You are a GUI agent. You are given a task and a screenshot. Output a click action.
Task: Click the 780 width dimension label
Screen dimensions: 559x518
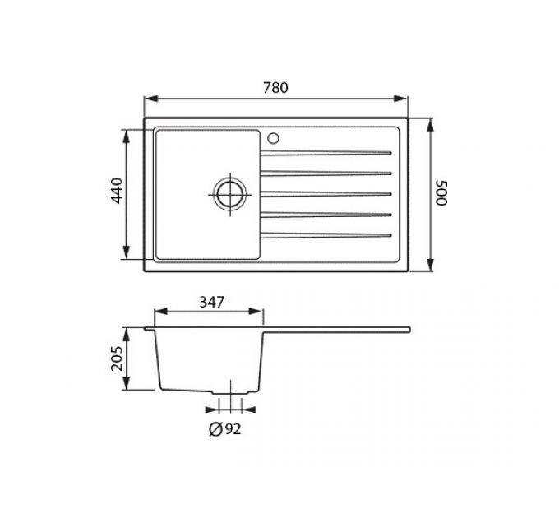pos(275,88)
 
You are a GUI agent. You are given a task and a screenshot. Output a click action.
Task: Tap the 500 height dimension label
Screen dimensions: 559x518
pos(441,193)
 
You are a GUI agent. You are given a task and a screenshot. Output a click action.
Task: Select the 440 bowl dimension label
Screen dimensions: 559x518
pos(118,190)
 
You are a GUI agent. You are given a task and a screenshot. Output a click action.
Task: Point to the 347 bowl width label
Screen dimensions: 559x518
pos(211,303)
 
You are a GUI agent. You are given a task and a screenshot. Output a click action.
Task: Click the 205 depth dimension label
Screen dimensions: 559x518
pos(117,358)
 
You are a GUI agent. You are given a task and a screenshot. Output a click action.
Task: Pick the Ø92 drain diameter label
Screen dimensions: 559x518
pos(224,429)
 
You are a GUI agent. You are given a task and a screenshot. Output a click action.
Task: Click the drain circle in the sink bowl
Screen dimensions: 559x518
pos(230,195)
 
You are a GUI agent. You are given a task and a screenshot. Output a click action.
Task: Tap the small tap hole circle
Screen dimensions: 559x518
pos(274,138)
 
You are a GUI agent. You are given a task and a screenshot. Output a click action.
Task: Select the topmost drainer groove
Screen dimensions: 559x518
pos(326,153)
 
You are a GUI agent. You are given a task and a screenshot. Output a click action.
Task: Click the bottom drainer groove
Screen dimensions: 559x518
pos(326,235)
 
